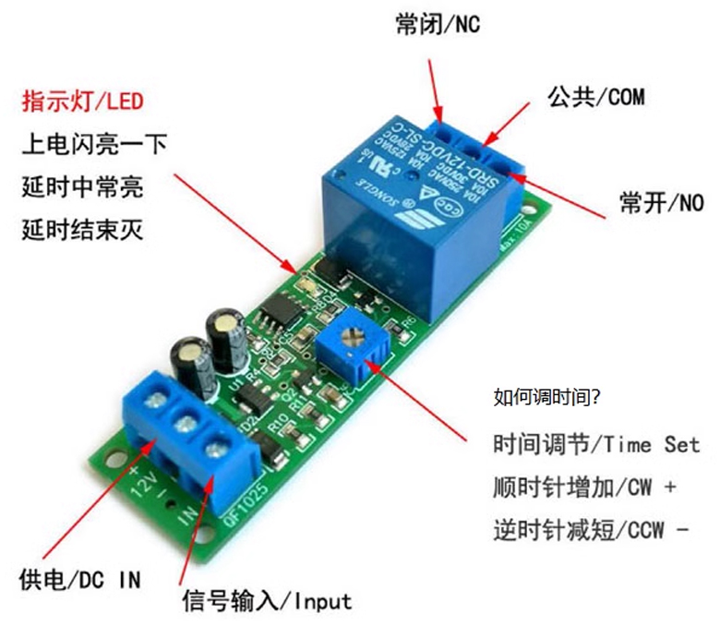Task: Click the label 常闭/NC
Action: (438, 26)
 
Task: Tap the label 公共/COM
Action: (596, 96)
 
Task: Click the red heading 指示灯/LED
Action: (83, 101)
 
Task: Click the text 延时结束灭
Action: (83, 227)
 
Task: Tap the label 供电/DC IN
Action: (80, 580)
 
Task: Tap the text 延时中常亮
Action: (83, 186)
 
